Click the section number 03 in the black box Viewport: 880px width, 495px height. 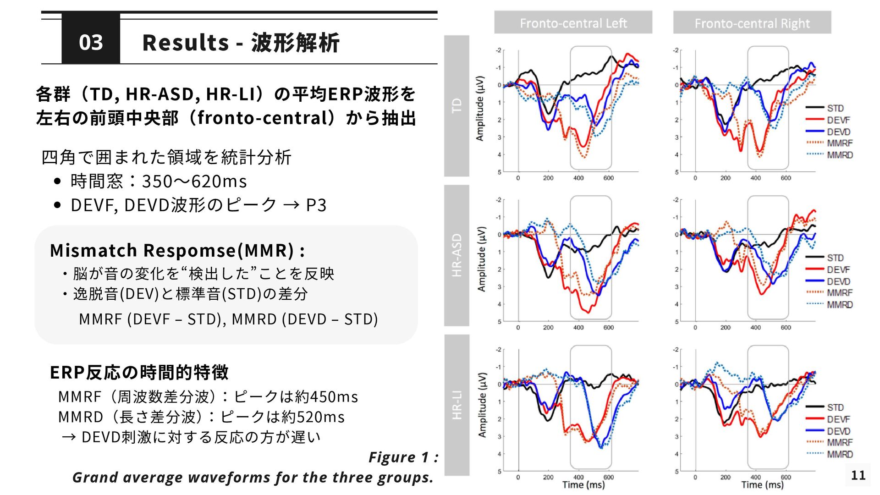[x=91, y=42]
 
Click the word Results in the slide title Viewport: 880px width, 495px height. [x=186, y=43]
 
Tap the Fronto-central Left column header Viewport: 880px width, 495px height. [x=573, y=23]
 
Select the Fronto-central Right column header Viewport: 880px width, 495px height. [x=752, y=23]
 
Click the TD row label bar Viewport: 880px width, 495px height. [x=456, y=106]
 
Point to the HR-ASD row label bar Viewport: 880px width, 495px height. [x=456, y=255]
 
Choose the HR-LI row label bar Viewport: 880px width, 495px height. [x=456, y=405]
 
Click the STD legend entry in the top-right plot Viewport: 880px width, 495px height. [x=835, y=108]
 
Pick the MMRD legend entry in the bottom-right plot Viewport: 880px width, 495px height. [x=839, y=454]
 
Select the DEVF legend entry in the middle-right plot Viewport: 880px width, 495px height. [x=838, y=269]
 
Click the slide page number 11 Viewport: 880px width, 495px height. [x=858, y=475]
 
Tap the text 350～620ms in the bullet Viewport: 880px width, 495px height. [x=194, y=181]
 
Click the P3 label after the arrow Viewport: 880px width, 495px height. [x=316, y=205]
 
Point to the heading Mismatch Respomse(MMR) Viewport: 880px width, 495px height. [x=177, y=250]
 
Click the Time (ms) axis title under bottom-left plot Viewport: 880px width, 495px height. [x=583, y=485]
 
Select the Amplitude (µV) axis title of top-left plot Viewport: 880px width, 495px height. [x=480, y=108]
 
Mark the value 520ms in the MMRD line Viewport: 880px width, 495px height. [x=320, y=417]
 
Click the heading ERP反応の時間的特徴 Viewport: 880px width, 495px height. [x=139, y=372]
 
